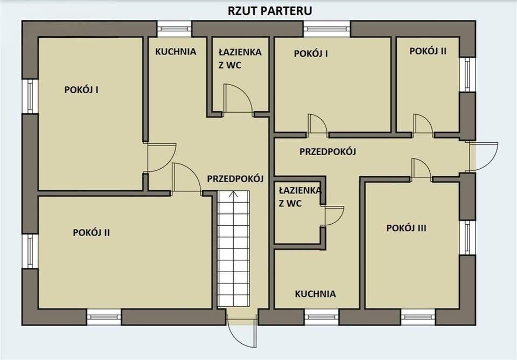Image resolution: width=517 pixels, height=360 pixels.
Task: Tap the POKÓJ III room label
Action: [x=406, y=228]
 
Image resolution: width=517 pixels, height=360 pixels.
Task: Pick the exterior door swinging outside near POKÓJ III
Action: [x=483, y=156]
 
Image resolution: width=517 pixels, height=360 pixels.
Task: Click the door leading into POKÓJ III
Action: [x=421, y=168]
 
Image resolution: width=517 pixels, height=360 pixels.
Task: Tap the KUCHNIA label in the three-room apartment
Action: [x=315, y=294]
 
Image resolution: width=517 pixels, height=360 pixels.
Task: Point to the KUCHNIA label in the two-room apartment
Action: [x=176, y=52]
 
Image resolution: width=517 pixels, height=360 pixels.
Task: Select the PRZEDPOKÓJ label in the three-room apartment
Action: [x=328, y=151]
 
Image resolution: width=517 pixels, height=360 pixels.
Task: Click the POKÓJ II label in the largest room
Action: [x=92, y=232]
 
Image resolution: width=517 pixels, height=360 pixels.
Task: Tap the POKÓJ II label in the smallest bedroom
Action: [x=428, y=51]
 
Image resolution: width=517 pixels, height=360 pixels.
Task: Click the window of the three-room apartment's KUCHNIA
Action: [x=322, y=317]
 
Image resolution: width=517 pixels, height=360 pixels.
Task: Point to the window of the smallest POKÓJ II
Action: [x=467, y=74]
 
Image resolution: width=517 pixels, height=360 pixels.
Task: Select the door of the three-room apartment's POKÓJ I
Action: [x=317, y=124]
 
